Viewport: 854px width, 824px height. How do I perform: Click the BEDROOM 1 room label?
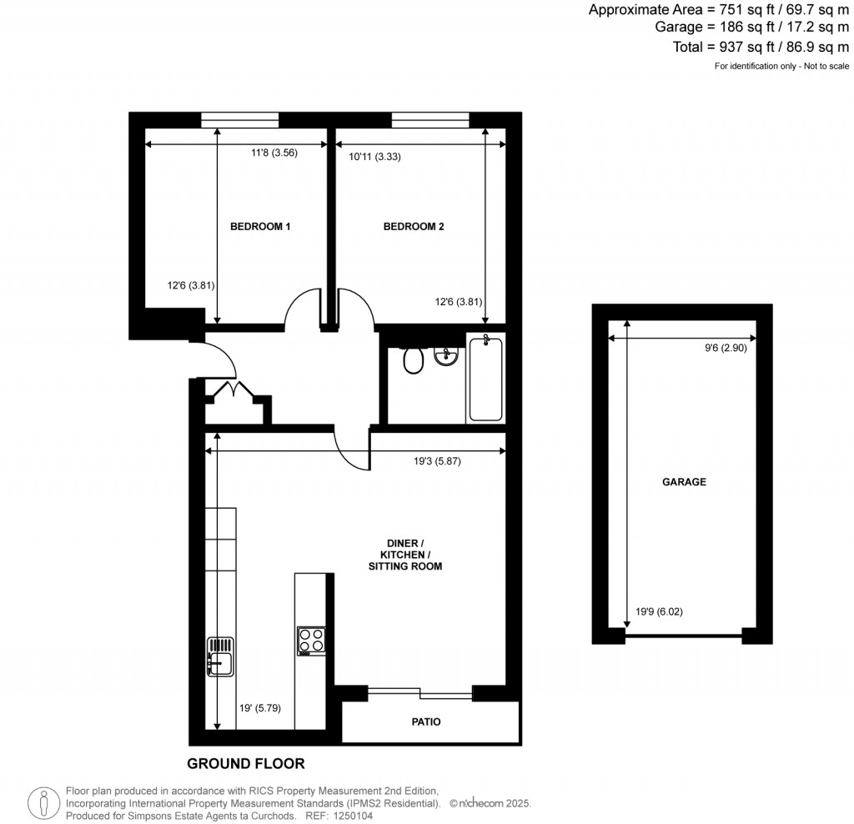pyautogui.click(x=259, y=226)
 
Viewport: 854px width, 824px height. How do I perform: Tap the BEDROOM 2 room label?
pyautogui.click(x=414, y=226)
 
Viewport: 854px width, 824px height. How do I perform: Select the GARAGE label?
pyautogui.click(x=684, y=482)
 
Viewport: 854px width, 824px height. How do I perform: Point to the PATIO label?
pyautogui.click(x=425, y=722)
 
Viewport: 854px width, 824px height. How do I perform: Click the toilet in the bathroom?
pyautogui.click(x=412, y=360)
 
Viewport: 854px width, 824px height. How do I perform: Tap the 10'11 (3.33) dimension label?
pyautogui.click(x=374, y=156)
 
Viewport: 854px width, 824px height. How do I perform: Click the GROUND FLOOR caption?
pyautogui.click(x=245, y=763)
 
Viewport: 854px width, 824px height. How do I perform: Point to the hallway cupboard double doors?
pyautogui.click(x=227, y=389)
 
